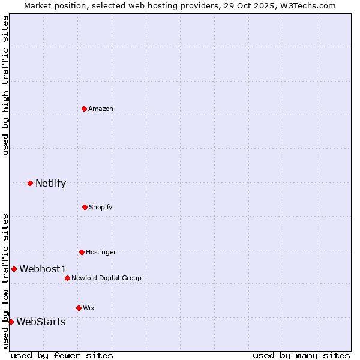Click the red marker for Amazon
pyautogui.click(x=84, y=109)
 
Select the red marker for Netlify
pyautogui.click(x=30, y=183)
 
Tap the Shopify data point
pyautogui.click(x=85, y=207)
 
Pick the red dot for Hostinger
pyautogui.click(x=82, y=252)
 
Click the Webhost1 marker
pyautogui.click(x=14, y=269)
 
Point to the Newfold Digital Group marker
pyautogui.click(x=67, y=278)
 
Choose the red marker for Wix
pyautogui.click(x=79, y=308)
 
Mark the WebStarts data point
pyautogui.click(x=11, y=322)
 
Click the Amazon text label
pyautogui.click(x=101, y=109)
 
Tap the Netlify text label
pyautogui.click(x=50, y=184)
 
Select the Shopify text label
pyautogui.click(x=101, y=207)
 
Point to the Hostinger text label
pyautogui.click(x=101, y=252)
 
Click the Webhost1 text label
pyautogui.click(x=43, y=269)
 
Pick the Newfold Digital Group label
pyautogui.click(x=106, y=278)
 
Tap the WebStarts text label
pyautogui.click(x=41, y=322)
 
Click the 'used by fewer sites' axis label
pyautogui.click(x=62, y=355)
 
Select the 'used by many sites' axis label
pyautogui.click(x=301, y=355)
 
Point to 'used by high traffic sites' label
pyautogui.click(x=5, y=85)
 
